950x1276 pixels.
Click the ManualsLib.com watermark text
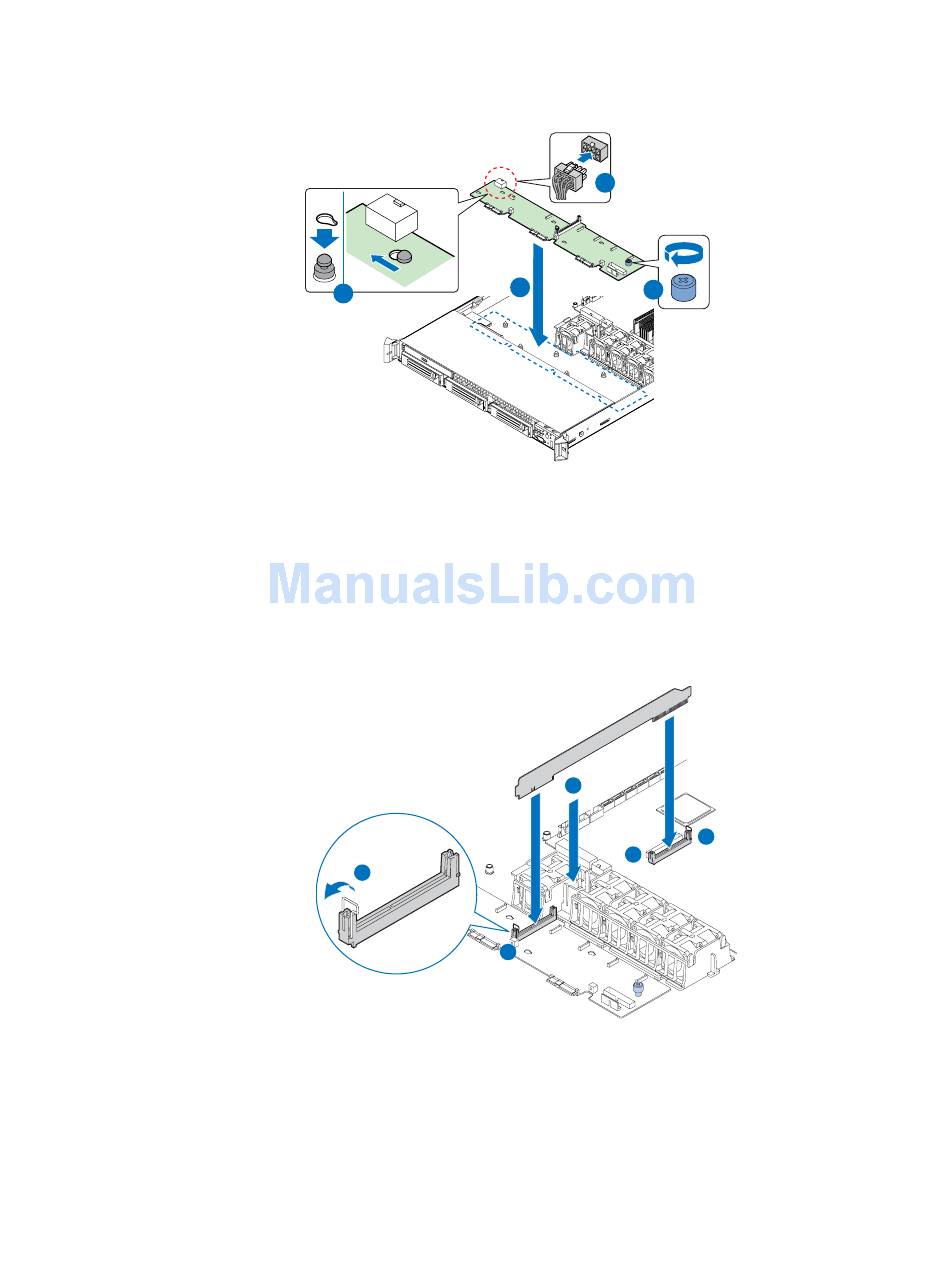coord(481,586)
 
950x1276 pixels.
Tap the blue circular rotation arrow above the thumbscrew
coord(683,254)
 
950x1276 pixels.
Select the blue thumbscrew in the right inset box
coord(683,288)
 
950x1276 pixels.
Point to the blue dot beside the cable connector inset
coord(606,183)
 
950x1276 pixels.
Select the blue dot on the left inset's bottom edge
coord(343,294)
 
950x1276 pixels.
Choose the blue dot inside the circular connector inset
coord(364,872)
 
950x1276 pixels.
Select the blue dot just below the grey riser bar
coord(572,785)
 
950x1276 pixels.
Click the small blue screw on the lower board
coord(637,989)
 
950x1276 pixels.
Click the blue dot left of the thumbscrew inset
coord(653,290)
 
